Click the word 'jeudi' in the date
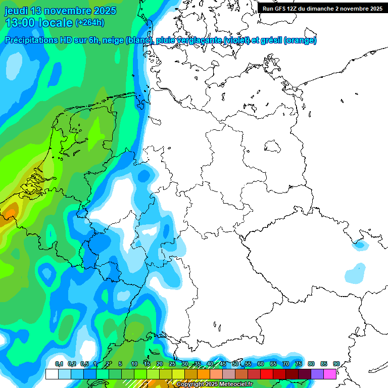coord(16,11)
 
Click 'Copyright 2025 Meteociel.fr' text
coord(214,384)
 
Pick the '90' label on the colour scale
coord(336,364)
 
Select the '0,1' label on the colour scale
coord(59,364)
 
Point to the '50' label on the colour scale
coord(235,364)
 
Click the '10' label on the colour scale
coord(134,364)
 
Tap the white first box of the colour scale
coord(52,374)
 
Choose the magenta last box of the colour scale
coord(330,374)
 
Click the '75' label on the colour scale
coord(298,364)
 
